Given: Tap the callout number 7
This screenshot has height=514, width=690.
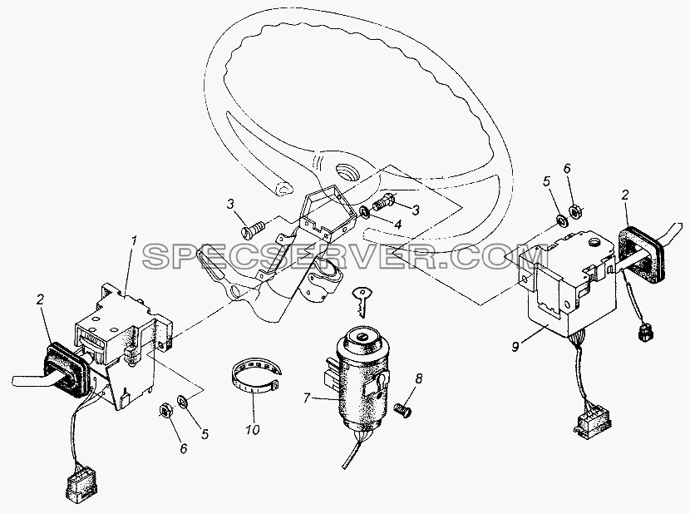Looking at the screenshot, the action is [307, 398].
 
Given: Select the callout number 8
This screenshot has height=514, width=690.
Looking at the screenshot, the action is [418, 378].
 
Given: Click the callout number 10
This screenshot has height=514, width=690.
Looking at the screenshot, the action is [253, 429].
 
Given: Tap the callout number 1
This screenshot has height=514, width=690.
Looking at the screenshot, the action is [134, 242].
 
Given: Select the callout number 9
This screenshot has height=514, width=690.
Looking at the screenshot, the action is [515, 347].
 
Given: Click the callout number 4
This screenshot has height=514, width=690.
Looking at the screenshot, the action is [397, 225].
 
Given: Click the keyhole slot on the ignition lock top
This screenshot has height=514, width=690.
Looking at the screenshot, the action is [361, 337].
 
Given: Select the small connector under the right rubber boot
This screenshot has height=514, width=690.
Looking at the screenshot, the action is [643, 333].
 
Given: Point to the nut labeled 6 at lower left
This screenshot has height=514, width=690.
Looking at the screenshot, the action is [165, 412].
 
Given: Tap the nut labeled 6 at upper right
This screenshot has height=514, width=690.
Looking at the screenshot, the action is [574, 211].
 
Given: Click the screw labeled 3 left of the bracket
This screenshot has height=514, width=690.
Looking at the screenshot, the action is [252, 230].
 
